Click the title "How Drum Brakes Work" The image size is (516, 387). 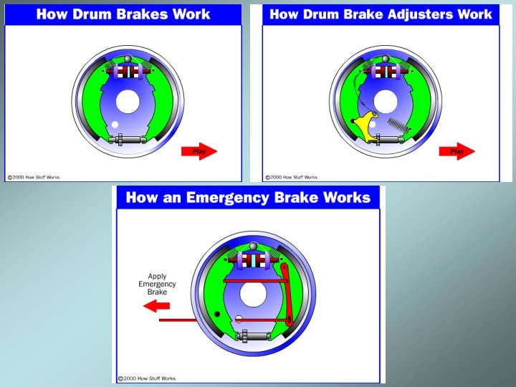click(123, 14)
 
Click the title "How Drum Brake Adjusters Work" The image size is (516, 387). click(381, 14)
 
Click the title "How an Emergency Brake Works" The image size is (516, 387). click(248, 198)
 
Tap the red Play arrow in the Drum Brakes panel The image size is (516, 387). click(198, 151)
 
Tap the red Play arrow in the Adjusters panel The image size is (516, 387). click(456, 151)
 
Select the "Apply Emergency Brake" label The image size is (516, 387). click(157, 284)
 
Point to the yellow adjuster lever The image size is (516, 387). click(368, 125)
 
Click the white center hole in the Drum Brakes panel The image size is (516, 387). click(128, 102)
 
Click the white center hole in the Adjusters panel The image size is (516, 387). click(386, 102)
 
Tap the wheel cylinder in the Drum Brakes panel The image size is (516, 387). click(127, 71)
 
